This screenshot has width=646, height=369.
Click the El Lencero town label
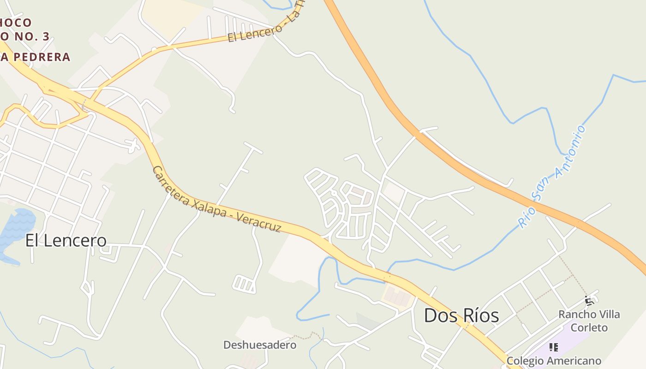(x=66, y=240)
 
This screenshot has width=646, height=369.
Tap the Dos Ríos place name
(x=461, y=316)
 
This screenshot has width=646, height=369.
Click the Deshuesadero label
(x=260, y=345)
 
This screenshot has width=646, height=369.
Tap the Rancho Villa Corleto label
(x=589, y=321)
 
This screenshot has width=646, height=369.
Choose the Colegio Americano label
(x=554, y=361)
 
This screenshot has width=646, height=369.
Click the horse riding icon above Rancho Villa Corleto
(x=589, y=301)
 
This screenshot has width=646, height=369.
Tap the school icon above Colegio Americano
(x=554, y=347)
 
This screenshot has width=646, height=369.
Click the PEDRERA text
(x=42, y=57)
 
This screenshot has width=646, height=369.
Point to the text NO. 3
(x=30, y=37)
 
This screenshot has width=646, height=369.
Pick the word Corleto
(x=589, y=327)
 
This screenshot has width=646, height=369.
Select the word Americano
(x=573, y=361)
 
